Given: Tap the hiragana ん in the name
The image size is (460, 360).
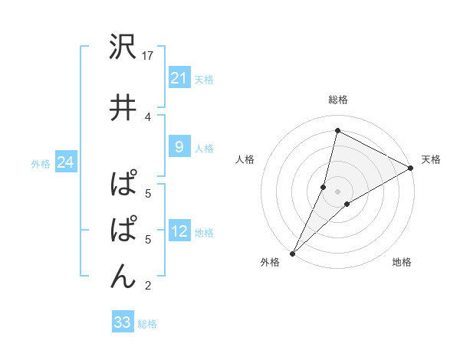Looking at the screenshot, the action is coord(123,275).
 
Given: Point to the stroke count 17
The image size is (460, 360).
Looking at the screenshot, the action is coord(149,55).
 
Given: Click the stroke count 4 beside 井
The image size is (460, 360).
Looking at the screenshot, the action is coord(148,116).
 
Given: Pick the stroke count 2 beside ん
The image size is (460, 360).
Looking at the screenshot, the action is coord(148,286).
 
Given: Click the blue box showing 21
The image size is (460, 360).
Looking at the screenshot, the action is coord(179,78).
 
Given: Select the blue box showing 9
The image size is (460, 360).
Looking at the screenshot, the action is coord(179,147).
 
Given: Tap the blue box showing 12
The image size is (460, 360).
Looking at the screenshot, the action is coord(179,232).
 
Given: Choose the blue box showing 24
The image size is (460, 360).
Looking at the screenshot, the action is coord(66,162).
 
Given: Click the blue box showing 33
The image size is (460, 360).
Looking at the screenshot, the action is coord(123,322).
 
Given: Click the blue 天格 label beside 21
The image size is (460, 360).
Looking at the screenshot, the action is coord(204,79).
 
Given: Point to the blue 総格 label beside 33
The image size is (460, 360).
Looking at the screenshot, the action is coord(147,324).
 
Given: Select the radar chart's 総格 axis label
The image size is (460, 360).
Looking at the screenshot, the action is coord(338,100).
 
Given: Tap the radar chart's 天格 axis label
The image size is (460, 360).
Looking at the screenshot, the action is coord(431,159).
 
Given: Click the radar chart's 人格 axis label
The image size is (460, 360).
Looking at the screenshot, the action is coord(245,159).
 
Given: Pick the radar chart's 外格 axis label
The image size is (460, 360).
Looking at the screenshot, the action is coord(270,263).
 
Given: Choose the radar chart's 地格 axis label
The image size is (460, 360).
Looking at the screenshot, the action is coord(402,263).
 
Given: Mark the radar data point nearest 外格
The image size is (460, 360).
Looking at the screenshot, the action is coord(293,253).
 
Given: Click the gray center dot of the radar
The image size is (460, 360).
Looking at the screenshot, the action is coord(337,191).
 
